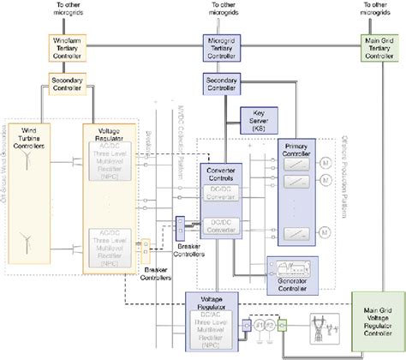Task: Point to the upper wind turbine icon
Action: [x=28, y=160]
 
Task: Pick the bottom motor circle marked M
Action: [x=325, y=231]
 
